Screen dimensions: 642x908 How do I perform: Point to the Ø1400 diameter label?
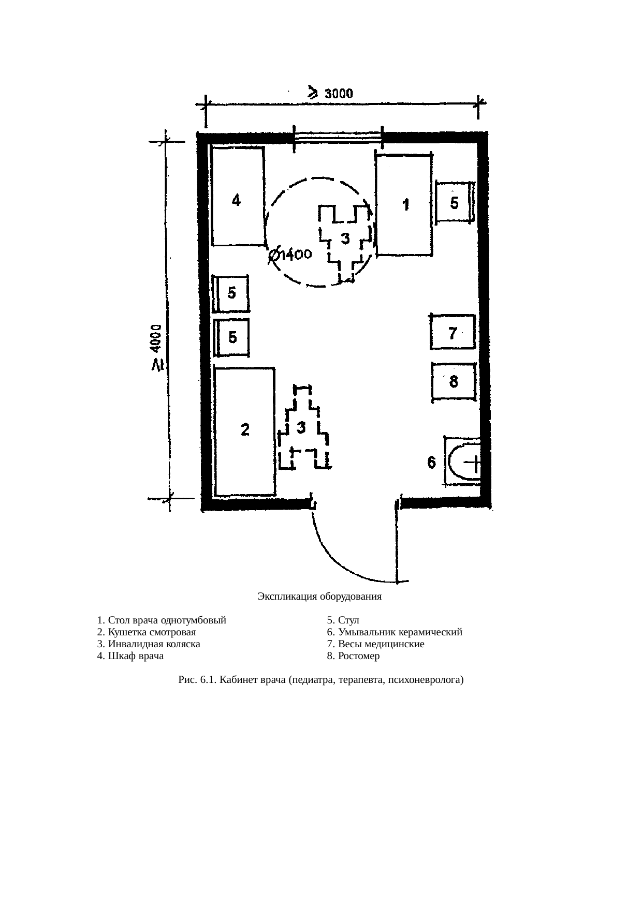pos(290,256)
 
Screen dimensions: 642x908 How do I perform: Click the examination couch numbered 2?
pos(244,431)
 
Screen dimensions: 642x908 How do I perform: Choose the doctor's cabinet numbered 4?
pos(238,196)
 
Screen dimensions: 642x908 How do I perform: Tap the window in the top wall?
pos(338,137)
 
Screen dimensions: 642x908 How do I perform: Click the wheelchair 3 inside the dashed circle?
pos(344,241)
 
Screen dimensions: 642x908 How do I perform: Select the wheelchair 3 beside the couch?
pos(303,428)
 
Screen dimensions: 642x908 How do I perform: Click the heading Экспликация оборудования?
pos(319,597)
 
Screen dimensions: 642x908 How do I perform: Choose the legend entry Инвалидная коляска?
pos(154,644)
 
